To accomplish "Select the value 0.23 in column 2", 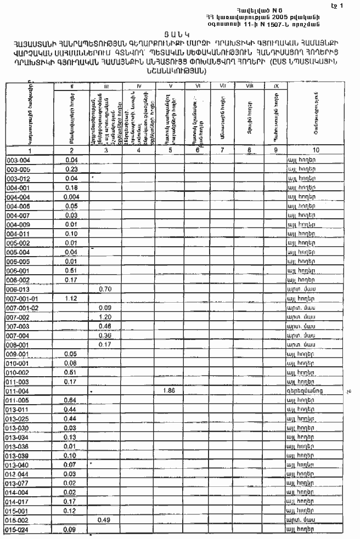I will click(70, 169).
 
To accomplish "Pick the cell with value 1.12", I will click(70, 298).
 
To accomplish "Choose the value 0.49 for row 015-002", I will click(105, 520).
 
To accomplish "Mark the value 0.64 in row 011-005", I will click(70, 400).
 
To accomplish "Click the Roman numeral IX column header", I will click(274, 86).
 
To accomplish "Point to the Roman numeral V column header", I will click(171, 86).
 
